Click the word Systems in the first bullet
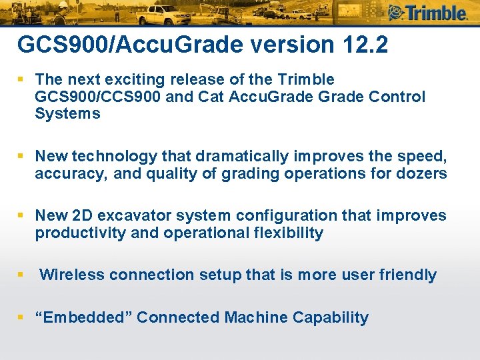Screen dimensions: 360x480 68,113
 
